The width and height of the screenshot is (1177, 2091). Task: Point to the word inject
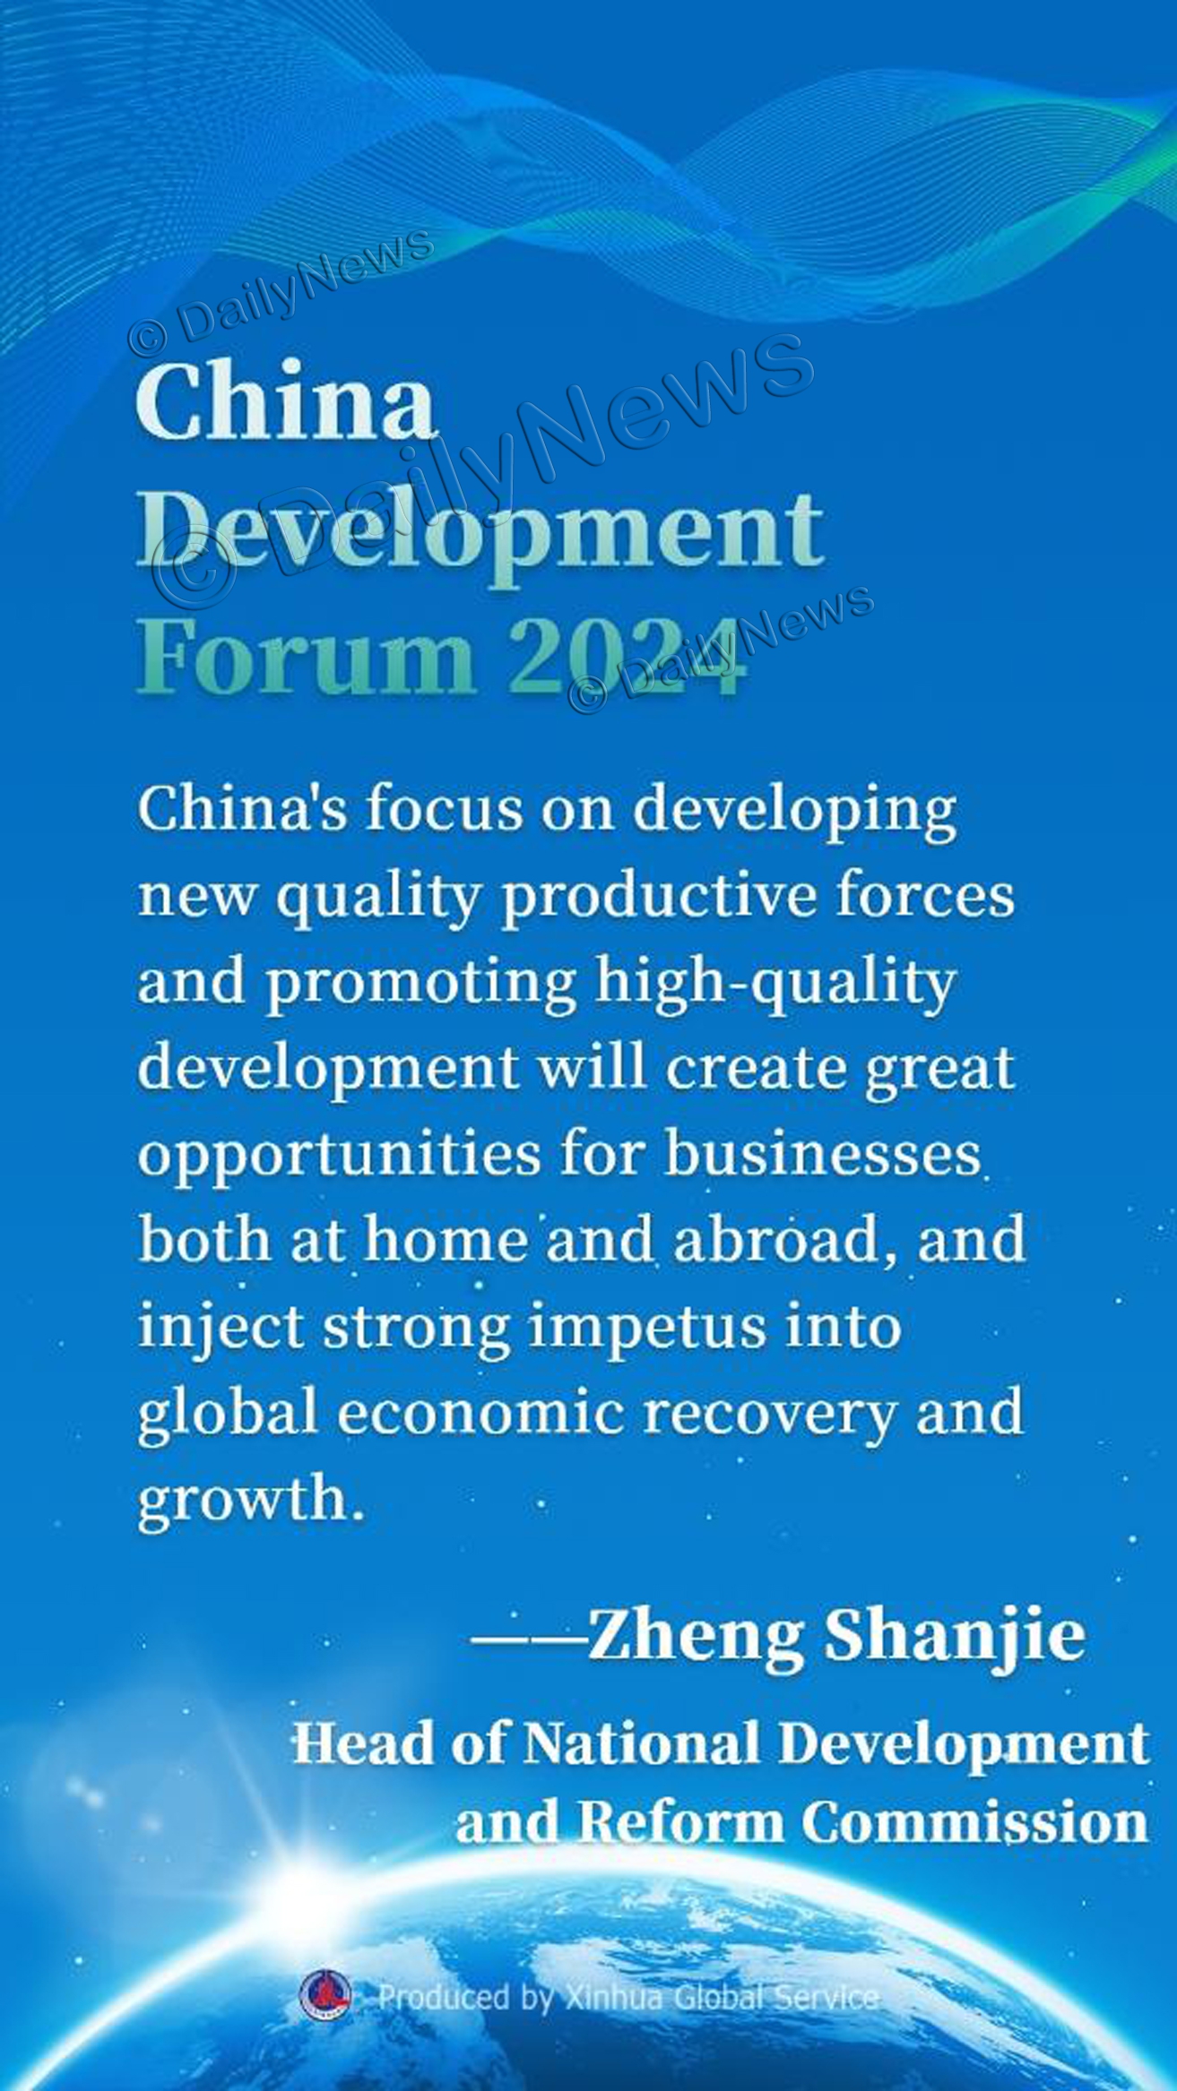(x=220, y=1329)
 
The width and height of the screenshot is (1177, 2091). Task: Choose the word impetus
(x=646, y=1329)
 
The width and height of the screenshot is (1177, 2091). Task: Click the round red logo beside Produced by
(x=326, y=1995)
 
